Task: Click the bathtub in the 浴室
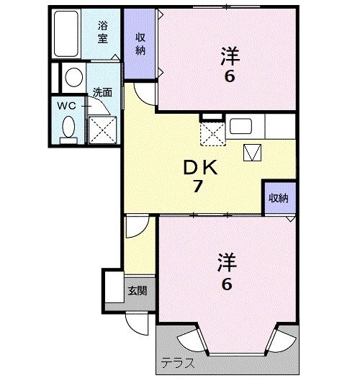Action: [x=66, y=34]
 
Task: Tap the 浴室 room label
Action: [x=102, y=32]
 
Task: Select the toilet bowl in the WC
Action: [x=68, y=127]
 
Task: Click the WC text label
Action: [x=66, y=106]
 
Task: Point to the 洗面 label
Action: [x=102, y=92]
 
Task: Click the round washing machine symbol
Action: [x=74, y=77]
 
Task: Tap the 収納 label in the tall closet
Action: [x=140, y=44]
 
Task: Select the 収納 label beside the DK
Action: [x=279, y=198]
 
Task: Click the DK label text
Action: [x=200, y=168]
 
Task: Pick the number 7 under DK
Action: [x=197, y=186]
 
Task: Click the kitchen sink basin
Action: [x=240, y=126]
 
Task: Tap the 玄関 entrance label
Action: [x=138, y=291]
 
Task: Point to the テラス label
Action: [x=178, y=363]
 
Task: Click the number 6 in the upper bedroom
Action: [x=230, y=76]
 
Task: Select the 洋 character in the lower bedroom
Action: [x=227, y=263]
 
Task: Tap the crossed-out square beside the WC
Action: [x=102, y=130]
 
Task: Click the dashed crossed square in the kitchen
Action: [x=212, y=133]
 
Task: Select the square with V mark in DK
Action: [x=252, y=153]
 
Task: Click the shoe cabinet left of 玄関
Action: [x=114, y=287]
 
